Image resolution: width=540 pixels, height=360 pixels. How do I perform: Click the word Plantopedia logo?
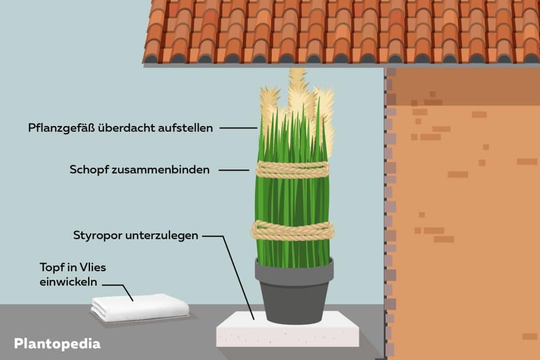pos(56,343)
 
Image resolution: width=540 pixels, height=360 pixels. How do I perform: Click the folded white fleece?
pos(140,307)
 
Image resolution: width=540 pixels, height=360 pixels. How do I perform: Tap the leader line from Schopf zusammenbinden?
pos(235,170)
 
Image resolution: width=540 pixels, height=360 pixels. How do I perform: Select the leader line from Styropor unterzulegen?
pos(235,273)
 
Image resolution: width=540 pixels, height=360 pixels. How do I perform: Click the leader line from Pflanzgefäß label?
pos(238,128)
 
